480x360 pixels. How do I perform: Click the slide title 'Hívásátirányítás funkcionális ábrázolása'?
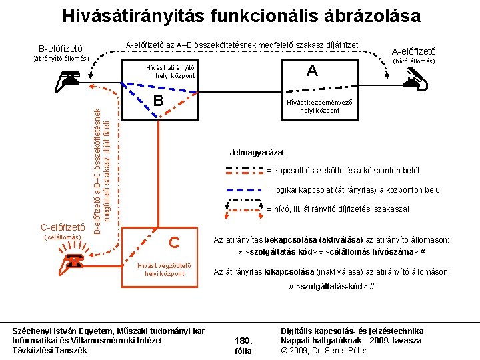click(x=241, y=15)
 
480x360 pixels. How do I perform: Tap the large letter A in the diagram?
click(x=311, y=71)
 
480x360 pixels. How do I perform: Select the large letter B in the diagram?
click(x=158, y=101)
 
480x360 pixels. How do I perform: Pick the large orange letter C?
click(x=174, y=243)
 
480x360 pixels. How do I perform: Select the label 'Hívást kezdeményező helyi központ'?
click(x=315, y=106)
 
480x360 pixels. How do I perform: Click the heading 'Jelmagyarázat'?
click(x=257, y=152)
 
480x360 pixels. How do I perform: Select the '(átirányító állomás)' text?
click(x=61, y=58)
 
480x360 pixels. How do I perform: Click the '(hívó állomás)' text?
click(x=413, y=61)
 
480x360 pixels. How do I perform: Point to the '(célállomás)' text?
click(x=61, y=237)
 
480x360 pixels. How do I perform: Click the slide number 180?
click(x=243, y=340)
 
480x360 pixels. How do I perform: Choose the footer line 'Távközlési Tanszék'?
click(x=50, y=350)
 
